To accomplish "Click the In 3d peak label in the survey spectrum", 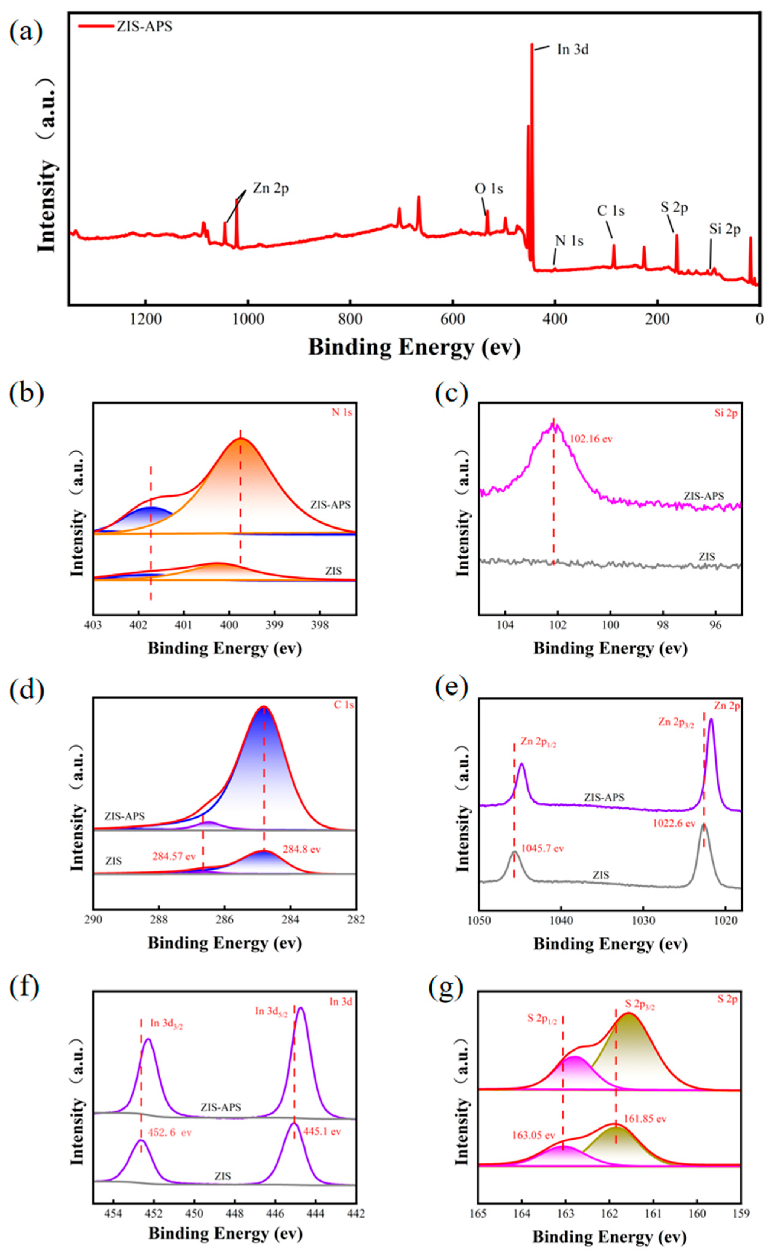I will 572,50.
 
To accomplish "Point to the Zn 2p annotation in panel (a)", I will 270,188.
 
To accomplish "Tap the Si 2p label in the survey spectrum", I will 724,229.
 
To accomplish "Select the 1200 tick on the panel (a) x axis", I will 146,320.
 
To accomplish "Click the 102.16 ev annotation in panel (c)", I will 591,439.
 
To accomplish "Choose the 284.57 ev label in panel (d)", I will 173,856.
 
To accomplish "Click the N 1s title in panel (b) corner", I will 342,413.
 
